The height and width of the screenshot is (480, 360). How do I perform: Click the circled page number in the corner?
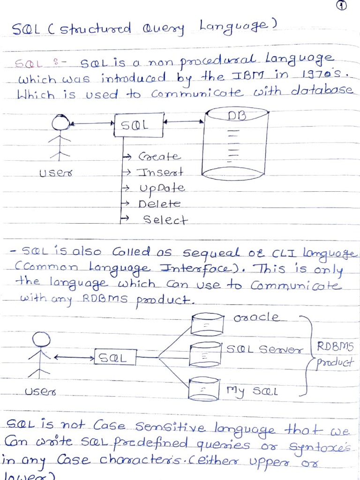point(343,6)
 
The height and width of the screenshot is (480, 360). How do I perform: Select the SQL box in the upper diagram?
point(138,125)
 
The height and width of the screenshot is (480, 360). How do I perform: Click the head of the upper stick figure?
point(60,123)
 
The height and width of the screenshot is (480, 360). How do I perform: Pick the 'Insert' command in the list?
point(159,172)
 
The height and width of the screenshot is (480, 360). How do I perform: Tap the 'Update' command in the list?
point(162,188)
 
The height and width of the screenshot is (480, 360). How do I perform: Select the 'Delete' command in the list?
point(159,204)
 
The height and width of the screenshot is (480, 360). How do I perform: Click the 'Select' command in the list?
point(165,220)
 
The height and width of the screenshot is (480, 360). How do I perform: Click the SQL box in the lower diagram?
point(115,358)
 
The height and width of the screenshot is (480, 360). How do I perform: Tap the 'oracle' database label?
point(256,317)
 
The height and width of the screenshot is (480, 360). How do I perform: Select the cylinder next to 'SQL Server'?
point(205,355)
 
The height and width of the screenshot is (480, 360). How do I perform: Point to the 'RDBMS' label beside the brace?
point(335,347)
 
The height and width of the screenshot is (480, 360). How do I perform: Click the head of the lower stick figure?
point(41,339)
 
